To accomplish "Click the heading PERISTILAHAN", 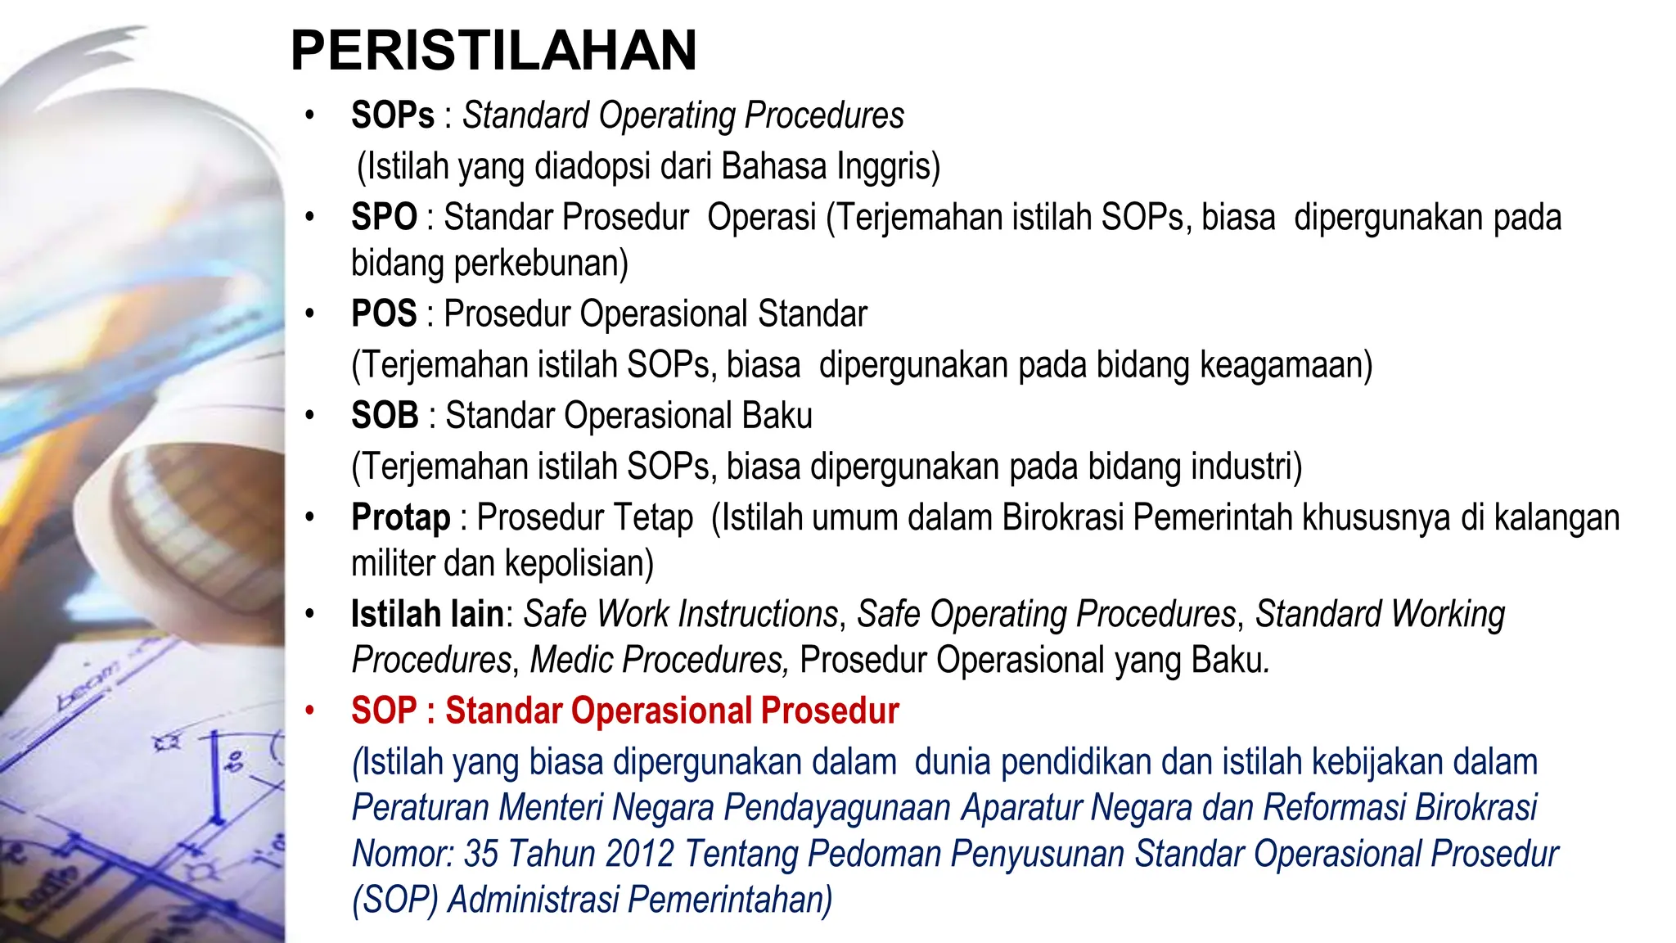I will (x=493, y=51).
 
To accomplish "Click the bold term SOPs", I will (x=393, y=115).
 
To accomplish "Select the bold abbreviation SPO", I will (x=384, y=218).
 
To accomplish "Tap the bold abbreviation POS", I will (x=384, y=314).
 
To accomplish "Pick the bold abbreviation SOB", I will (x=385, y=416).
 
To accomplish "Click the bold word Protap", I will (x=401, y=517).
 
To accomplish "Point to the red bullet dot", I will (x=309, y=711).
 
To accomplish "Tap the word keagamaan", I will (x=1285, y=365).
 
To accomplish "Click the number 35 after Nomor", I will (x=481, y=854).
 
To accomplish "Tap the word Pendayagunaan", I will (x=837, y=808).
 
